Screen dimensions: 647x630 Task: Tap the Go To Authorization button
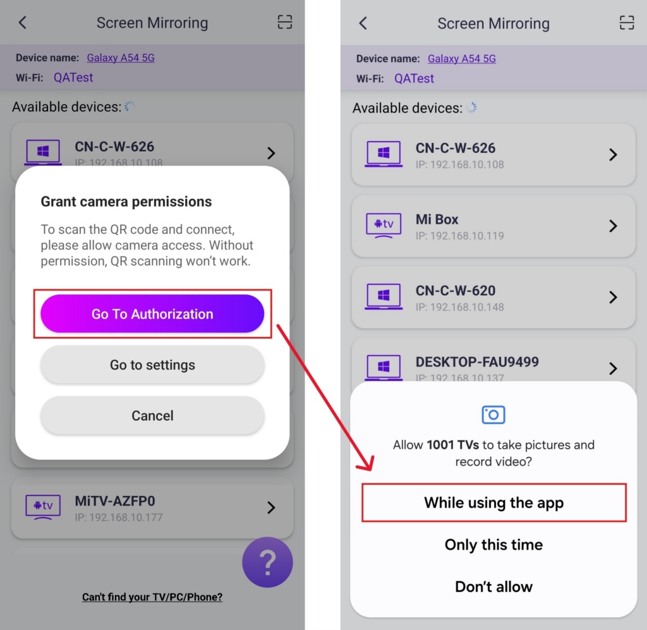click(152, 313)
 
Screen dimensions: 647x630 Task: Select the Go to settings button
click(152, 365)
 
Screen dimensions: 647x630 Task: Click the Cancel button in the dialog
click(152, 415)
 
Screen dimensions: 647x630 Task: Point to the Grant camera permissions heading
click(126, 202)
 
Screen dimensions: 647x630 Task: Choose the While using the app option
click(494, 502)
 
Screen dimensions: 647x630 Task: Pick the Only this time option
click(493, 545)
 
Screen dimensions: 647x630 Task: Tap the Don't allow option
click(493, 586)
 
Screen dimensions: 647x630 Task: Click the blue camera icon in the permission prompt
click(493, 415)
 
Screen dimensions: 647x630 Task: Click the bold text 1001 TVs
click(452, 445)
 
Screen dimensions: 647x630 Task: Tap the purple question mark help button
click(267, 562)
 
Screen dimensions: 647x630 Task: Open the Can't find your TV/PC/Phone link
click(152, 597)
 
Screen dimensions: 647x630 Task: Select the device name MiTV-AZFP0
click(115, 501)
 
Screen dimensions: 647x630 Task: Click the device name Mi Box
click(437, 219)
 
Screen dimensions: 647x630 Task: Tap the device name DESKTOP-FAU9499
click(477, 362)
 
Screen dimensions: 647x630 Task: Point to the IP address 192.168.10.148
click(460, 307)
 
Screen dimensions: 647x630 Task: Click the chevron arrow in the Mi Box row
click(613, 226)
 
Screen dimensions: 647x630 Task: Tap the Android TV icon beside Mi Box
click(384, 225)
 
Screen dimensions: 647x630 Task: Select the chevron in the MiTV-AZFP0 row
click(271, 507)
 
